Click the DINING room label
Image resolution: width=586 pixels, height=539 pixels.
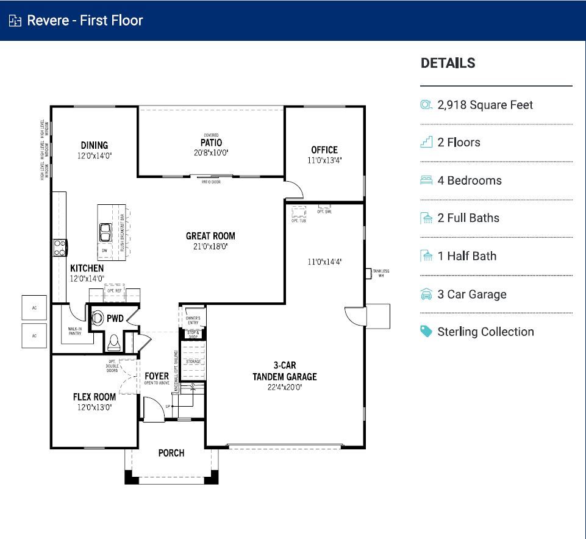[94, 145]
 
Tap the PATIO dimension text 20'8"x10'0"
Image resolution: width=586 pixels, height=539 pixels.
[211, 152]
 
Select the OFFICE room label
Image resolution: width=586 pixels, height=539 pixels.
[324, 150]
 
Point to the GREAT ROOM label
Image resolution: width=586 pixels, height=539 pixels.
[210, 236]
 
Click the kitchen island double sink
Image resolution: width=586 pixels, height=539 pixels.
[105, 232]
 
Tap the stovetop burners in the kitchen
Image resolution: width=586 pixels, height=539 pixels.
[60, 248]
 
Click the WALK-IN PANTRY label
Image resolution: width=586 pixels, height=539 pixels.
[75, 331]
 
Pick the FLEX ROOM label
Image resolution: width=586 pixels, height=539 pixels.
[95, 397]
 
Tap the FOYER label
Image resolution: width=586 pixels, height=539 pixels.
[157, 376]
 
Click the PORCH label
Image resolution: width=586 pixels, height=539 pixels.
[171, 453]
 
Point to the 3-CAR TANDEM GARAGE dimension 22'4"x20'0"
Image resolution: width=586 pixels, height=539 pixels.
[285, 387]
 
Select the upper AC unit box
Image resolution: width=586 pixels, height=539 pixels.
[34, 308]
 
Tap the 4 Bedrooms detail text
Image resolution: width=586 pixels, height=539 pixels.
[470, 180]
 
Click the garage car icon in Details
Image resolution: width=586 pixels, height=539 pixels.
[426, 294]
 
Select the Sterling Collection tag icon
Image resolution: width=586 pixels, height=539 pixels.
[426, 332]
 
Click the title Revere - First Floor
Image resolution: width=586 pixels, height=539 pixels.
[85, 21]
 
